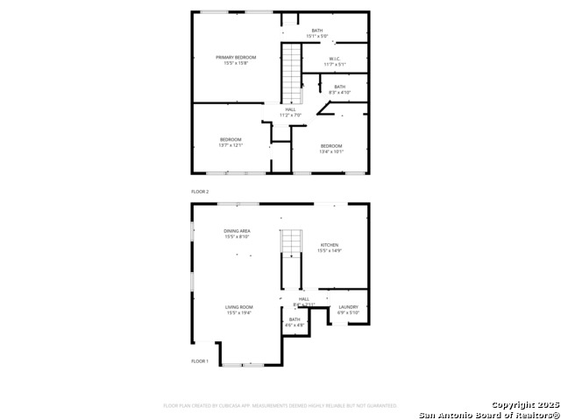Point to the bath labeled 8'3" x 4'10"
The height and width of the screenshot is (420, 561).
[x=339, y=87]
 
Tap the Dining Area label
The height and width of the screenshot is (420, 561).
[x=237, y=231]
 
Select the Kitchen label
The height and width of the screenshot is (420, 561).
[x=329, y=245]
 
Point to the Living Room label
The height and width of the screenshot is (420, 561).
[x=238, y=307]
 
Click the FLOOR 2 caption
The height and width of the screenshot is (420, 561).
[x=200, y=191]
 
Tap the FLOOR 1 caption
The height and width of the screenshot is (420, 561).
[x=200, y=360]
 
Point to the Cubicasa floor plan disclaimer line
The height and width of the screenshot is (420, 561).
[x=280, y=406]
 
